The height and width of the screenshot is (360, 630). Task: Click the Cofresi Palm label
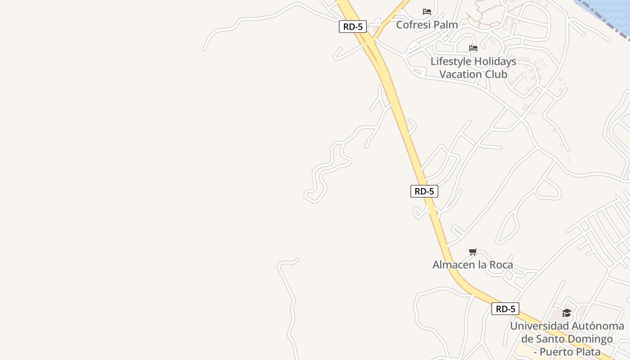click(x=427, y=25)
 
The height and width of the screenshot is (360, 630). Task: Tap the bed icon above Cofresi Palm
click(x=427, y=12)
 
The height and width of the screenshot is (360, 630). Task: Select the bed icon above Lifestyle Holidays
click(x=473, y=48)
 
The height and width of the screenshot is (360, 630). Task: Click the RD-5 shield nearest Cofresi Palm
click(x=353, y=27)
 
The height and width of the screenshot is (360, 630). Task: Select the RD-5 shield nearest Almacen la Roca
click(x=424, y=191)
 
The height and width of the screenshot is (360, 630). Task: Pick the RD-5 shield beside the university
click(x=505, y=309)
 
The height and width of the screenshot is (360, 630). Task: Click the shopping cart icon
click(x=472, y=252)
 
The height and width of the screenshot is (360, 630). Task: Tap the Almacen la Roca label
click(x=472, y=265)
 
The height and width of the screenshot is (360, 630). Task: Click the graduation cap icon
click(x=567, y=313)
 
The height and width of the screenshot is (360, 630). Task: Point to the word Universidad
click(x=540, y=326)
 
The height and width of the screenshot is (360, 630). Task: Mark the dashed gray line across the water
click(x=603, y=17)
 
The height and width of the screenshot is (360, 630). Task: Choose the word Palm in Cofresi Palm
click(x=447, y=25)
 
